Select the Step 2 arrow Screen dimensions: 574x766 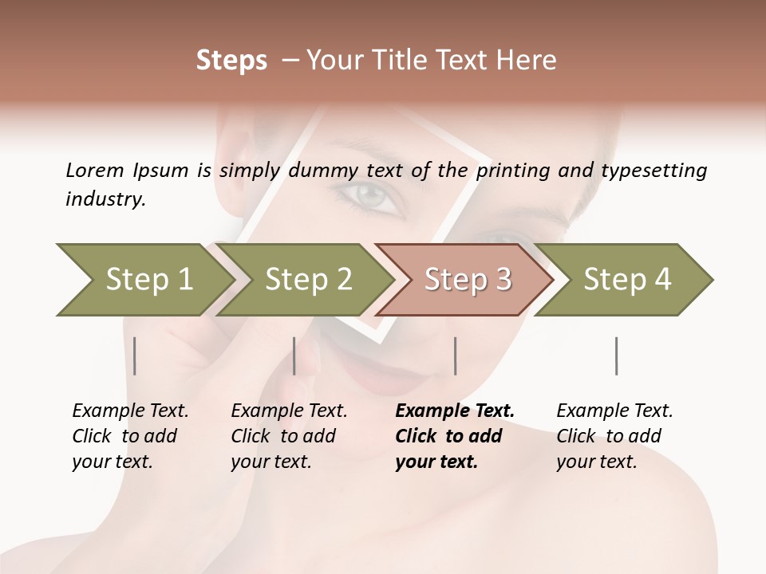click(x=307, y=279)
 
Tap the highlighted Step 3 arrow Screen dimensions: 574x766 click(x=467, y=279)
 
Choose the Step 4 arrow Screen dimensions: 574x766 click(x=626, y=279)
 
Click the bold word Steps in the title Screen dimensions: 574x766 click(x=231, y=60)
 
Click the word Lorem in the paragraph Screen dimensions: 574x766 click(x=94, y=170)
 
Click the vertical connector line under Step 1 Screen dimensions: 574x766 click(x=135, y=356)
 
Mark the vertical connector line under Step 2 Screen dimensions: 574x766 click(x=294, y=356)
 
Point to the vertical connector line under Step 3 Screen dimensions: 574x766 click(x=455, y=356)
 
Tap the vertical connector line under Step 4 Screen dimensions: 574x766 click(x=616, y=356)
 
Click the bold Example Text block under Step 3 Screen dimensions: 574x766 click(x=455, y=436)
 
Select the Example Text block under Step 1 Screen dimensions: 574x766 click(x=130, y=436)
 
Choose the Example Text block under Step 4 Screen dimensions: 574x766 click(x=614, y=436)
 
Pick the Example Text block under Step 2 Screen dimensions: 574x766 click(x=289, y=436)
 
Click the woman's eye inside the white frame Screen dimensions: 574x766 click(x=371, y=196)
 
